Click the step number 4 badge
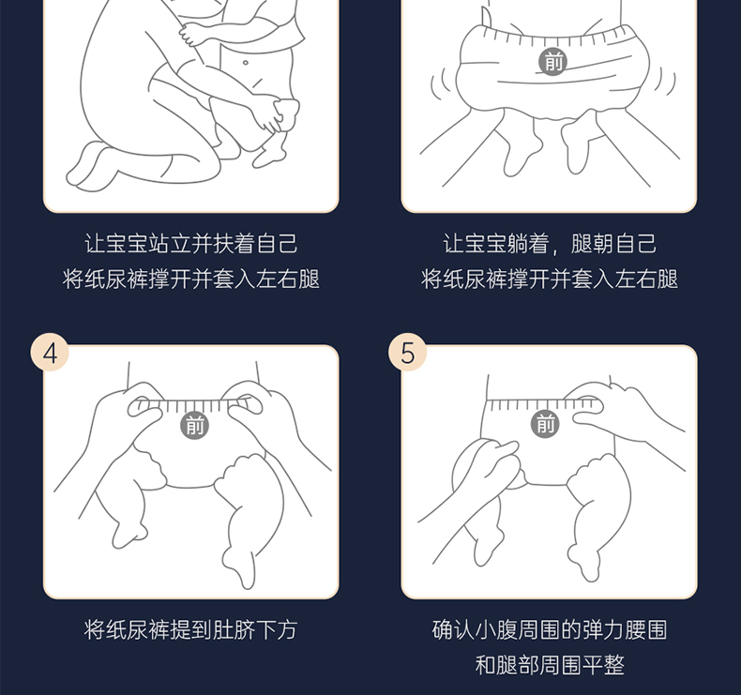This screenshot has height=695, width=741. tap(50, 353)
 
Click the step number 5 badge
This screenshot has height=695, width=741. tap(407, 353)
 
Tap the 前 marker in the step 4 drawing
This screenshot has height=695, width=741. tap(195, 425)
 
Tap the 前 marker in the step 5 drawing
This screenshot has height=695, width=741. tap(545, 423)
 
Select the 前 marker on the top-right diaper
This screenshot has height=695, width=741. tap(553, 61)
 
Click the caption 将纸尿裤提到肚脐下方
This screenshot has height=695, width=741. tap(191, 629)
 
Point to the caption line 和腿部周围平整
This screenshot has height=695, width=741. tap(550, 665)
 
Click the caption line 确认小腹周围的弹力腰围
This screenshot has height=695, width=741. tap(550, 629)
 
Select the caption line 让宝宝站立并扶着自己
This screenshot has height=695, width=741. tap(191, 244)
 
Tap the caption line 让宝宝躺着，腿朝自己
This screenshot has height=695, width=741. tap(550, 244)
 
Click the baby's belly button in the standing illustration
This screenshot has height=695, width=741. tap(245, 62)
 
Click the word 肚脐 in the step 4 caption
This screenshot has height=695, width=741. tap(234, 629)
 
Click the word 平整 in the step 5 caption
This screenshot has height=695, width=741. tap(603, 665)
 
